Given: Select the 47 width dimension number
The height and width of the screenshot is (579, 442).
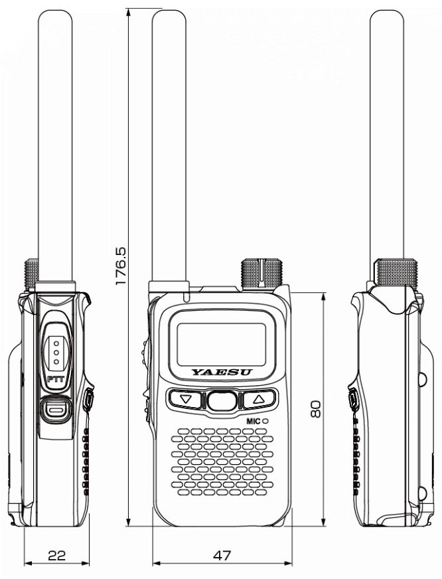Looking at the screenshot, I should (x=222, y=554).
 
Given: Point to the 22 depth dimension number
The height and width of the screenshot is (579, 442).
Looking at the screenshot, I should (x=56, y=554).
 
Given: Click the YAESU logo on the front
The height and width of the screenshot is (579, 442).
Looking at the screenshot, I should (x=222, y=373).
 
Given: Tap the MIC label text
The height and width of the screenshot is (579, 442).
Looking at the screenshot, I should (x=252, y=420).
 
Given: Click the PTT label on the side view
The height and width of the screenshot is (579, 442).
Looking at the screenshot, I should (x=56, y=378).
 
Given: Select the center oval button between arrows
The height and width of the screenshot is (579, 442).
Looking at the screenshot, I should (x=222, y=400).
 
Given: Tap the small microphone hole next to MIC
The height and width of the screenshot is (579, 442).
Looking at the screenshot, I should (x=265, y=420).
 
